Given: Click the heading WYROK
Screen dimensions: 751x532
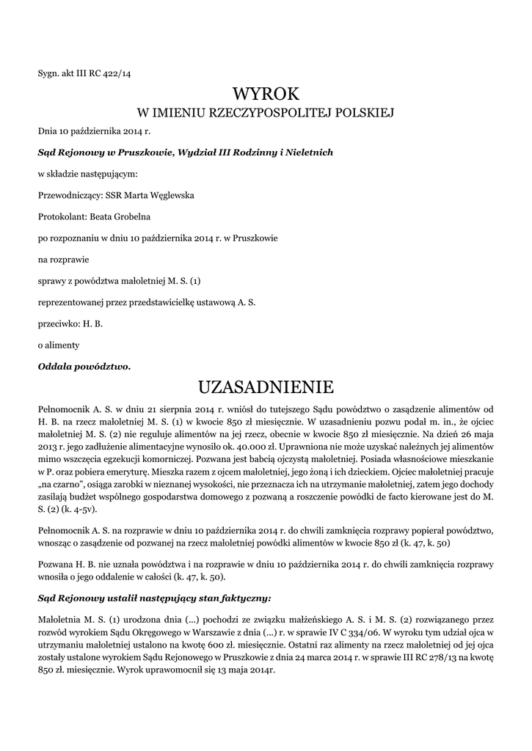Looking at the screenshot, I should pyautogui.click(x=266, y=95).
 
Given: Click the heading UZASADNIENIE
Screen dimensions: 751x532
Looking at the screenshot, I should pyautogui.click(x=266, y=387).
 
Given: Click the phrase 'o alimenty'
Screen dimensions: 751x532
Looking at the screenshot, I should pyautogui.click(x=59, y=344).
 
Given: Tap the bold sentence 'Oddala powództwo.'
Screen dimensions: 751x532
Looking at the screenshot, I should pyautogui.click(x=84, y=365).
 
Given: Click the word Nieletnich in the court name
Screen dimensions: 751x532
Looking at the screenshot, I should pyautogui.click(x=308, y=153).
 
